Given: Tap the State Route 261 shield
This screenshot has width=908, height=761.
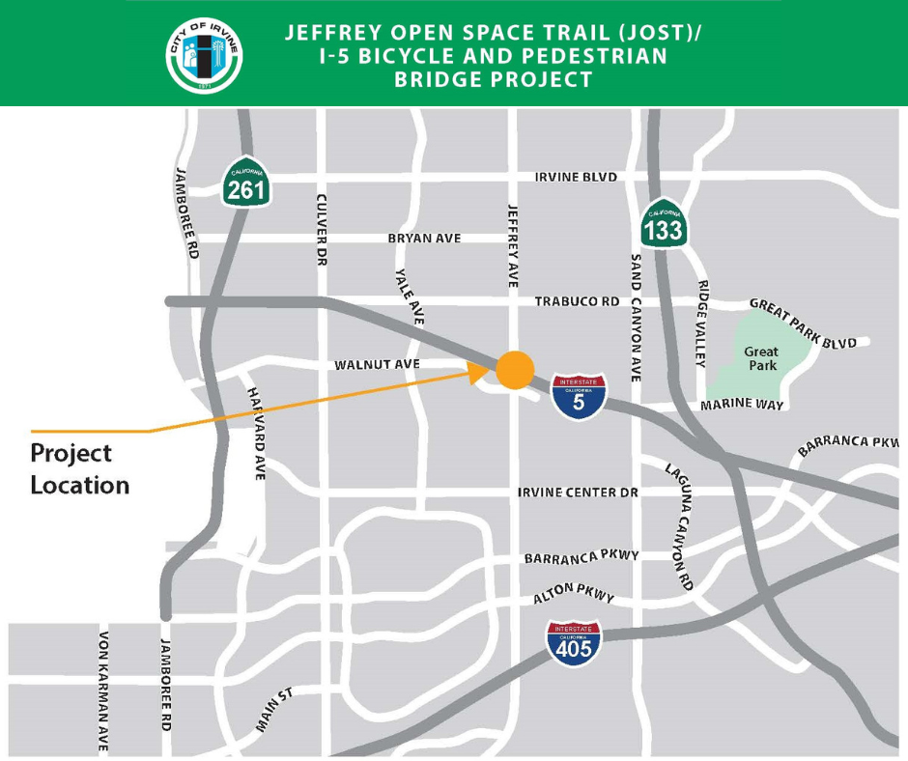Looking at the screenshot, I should click(245, 183).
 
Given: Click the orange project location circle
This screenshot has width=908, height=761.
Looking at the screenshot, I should click(515, 368).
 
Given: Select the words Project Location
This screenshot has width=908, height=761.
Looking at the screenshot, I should click(79, 468).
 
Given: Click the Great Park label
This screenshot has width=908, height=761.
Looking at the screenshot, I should click(761, 359).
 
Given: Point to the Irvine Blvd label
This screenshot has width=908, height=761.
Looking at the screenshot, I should click(576, 178).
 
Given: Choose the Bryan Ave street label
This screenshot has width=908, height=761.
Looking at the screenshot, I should click(424, 239).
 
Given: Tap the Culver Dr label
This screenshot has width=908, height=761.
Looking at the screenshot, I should click(323, 229).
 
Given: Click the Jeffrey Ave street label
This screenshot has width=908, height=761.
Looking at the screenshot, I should click(513, 246).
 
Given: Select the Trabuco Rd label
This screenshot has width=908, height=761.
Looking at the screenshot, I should click(577, 302).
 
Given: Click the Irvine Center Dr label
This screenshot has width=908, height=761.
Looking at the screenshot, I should click(579, 493).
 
